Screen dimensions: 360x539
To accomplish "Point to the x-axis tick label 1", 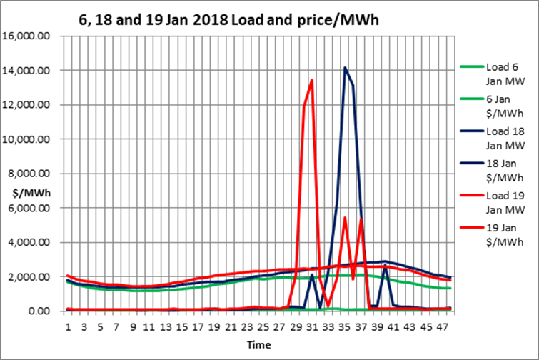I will (68, 326).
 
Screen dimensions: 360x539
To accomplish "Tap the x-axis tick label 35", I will (345, 326).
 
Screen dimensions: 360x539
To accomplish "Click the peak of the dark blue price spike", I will (345, 68).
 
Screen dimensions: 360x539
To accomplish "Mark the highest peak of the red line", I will (312, 80).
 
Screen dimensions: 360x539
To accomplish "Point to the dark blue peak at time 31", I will (312, 275).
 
